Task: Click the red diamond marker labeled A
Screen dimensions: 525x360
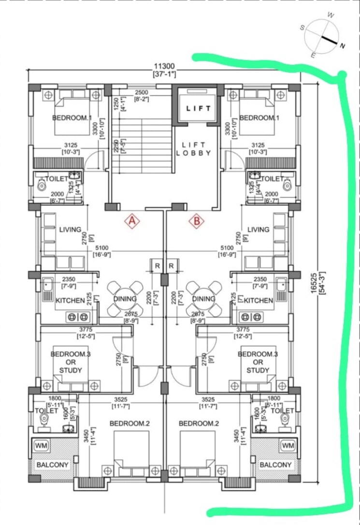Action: tap(132, 221)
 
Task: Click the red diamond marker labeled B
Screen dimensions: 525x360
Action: tap(197, 221)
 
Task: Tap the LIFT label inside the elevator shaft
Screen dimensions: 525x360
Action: tap(199, 108)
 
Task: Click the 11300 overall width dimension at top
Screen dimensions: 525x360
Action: tap(164, 66)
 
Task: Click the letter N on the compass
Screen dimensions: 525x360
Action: tap(342, 46)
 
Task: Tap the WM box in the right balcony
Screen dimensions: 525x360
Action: tap(288, 445)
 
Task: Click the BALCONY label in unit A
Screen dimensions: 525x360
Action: tap(53, 465)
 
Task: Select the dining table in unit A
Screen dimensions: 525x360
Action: tap(125, 299)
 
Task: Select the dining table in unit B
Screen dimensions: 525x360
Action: tap(203, 299)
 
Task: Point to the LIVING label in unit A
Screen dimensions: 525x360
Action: tap(70, 230)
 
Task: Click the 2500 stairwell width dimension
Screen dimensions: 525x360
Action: tap(142, 92)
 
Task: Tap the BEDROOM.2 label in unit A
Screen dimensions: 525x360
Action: tap(130, 423)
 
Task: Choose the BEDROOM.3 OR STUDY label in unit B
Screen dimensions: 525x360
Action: tap(258, 362)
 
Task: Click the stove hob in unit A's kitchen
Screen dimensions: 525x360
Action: tap(78, 317)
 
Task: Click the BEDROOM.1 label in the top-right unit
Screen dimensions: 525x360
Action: tap(259, 117)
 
